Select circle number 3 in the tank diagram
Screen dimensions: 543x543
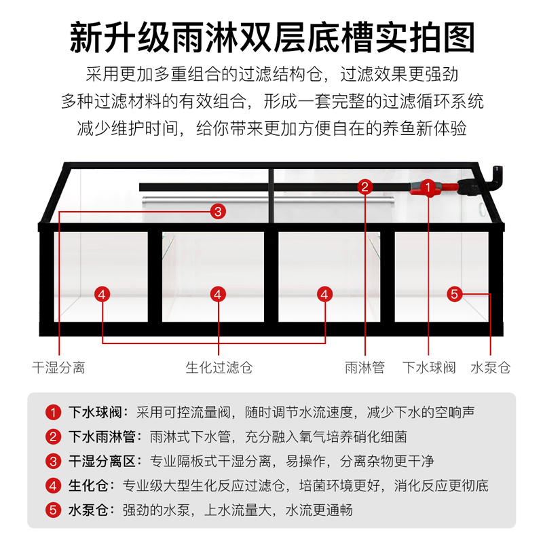coord(218,211)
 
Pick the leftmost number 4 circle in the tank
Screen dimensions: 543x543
coord(102,294)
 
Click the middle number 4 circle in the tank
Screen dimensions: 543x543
coord(218,294)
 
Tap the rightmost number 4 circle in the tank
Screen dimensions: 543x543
coord(325,294)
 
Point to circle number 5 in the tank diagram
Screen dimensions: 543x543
coord(455,294)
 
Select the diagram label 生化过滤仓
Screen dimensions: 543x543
coord(219,368)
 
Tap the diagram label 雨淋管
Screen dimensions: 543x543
coord(364,368)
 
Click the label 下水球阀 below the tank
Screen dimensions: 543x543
coord(428,368)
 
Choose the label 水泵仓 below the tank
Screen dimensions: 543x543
coord(490,368)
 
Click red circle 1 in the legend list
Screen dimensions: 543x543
coord(54,412)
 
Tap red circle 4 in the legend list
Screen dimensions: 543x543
coord(54,485)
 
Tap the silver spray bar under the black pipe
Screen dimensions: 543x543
coord(271,200)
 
